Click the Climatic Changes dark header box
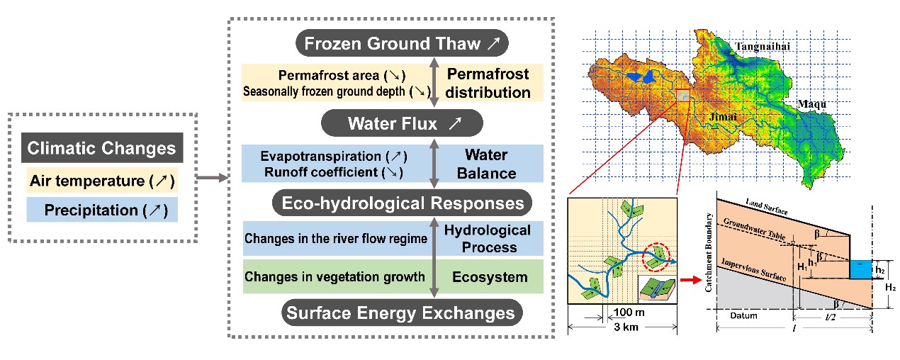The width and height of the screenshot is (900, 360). click(x=102, y=148)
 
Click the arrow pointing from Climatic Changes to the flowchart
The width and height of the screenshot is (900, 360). click(x=212, y=178)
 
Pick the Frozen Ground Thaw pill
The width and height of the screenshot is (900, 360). click(x=402, y=43)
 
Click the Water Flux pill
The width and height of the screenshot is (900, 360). click(x=402, y=123)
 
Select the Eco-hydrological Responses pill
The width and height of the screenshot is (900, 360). click(x=402, y=203)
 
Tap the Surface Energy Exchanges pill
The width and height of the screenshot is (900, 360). click(x=402, y=313)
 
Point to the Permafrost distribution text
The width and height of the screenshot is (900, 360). click(x=488, y=83)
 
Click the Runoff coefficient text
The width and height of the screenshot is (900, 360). click(x=321, y=172)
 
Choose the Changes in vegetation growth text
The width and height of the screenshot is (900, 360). click(x=334, y=276)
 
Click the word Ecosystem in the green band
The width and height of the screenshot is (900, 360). click(x=490, y=277)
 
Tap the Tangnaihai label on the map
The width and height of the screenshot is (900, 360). click(x=763, y=47)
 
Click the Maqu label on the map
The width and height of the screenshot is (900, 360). click(x=811, y=104)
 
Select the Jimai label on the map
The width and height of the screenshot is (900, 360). click(x=723, y=117)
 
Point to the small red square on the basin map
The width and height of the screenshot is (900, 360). click(x=683, y=95)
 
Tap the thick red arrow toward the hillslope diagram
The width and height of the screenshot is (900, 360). click(x=691, y=280)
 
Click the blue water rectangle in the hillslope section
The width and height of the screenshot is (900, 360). click(x=860, y=269)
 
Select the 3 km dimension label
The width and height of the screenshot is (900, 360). click(x=626, y=327)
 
